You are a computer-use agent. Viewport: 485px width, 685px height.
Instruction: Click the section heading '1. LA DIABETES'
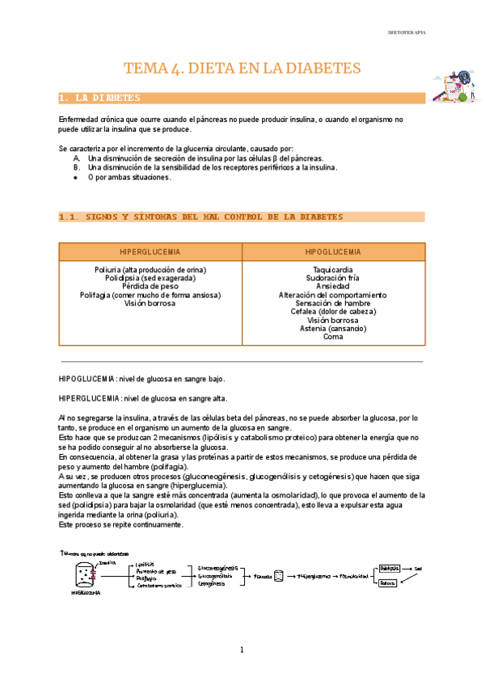[100, 98]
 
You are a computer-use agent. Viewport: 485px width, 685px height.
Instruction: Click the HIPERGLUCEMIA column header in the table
[150, 252]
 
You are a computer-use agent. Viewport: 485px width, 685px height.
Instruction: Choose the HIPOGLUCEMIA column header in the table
[333, 252]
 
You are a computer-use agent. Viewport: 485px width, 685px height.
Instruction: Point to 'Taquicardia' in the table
[332, 269]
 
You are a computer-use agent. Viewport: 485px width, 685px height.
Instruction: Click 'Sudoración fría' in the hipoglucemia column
[332, 278]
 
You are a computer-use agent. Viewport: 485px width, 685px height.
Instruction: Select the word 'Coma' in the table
[332, 337]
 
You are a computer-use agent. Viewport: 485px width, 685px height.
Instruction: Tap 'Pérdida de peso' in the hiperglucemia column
[150, 286]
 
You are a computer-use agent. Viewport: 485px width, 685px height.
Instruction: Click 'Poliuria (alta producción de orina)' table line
[150, 269]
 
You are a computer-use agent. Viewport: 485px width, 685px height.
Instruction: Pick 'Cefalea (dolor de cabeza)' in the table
[332, 312]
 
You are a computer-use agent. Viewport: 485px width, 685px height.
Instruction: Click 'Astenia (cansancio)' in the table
[332, 329]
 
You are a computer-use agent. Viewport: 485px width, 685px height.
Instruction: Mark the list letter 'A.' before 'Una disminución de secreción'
[77, 159]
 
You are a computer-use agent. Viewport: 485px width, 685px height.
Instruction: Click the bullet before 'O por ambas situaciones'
[76, 178]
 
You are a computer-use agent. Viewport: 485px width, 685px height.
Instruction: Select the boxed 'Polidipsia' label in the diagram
[389, 569]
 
